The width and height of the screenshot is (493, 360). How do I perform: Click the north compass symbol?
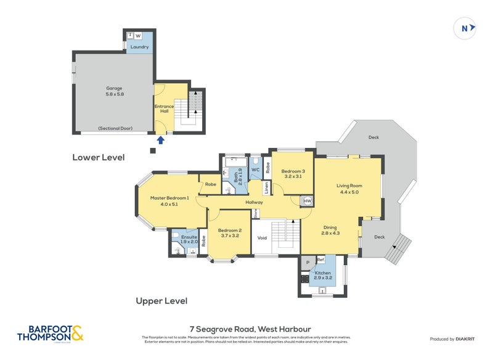(465, 28)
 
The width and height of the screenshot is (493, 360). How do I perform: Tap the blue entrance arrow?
(160, 140)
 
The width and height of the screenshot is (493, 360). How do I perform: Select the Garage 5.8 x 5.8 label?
(114, 91)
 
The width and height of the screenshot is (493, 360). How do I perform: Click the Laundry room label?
(139, 47)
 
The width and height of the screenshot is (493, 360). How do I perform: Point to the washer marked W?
(138, 36)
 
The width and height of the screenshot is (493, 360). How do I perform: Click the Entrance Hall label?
(164, 108)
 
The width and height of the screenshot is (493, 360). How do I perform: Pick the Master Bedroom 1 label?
(169, 200)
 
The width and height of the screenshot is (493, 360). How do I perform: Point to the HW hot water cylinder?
(307, 201)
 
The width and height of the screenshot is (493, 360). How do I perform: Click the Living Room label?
(349, 188)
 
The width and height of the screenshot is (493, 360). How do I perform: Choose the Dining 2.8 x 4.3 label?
(330, 230)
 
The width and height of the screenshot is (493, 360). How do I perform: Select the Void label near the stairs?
(262, 238)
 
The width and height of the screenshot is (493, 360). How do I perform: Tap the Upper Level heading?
(161, 301)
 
